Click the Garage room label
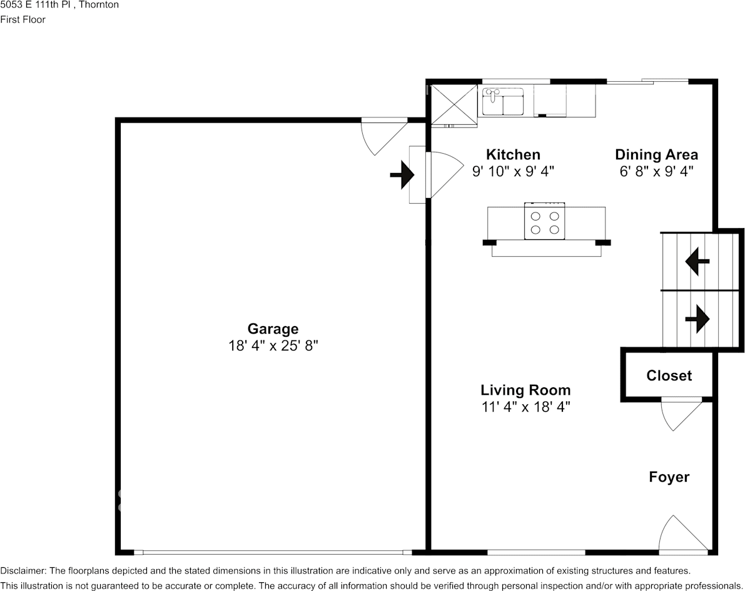coord(273,329)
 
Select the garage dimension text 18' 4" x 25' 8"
coord(273,345)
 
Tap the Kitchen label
coord(513,154)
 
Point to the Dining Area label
coord(656,154)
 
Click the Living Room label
coord(525,390)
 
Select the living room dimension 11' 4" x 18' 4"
coord(525,407)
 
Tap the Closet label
coord(669,375)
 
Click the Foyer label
coord(669,477)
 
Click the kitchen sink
coord(503,102)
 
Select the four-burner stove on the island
coord(545,221)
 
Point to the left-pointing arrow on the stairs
coord(697,261)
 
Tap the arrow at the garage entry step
coord(402,175)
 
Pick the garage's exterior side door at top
coord(383,134)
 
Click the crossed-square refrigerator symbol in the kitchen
coord(452,102)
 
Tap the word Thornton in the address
coord(99,5)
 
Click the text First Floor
coord(23,19)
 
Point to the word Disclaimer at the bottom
coord(23,571)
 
